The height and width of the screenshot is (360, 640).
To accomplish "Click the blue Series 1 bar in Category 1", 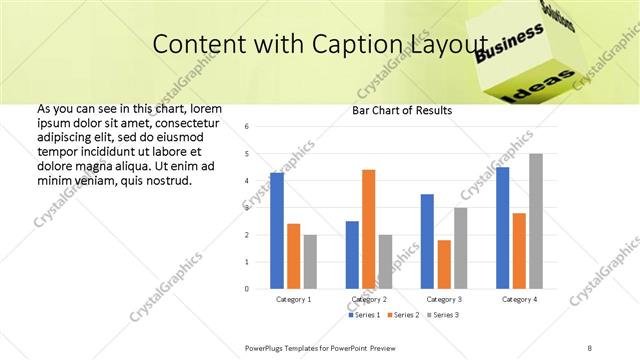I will (x=277, y=231).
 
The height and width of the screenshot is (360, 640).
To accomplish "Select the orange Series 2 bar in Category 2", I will (x=368, y=229).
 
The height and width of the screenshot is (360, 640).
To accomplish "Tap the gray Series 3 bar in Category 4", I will (x=536, y=221).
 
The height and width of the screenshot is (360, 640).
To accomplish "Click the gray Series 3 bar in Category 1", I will (x=310, y=262).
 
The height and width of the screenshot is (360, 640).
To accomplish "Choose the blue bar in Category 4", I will (x=502, y=228).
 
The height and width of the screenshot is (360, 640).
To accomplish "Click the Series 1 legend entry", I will (x=364, y=315).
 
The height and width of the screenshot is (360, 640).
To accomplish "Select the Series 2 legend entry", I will (x=399, y=315).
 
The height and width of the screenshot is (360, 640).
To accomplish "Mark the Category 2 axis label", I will (x=369, y=299).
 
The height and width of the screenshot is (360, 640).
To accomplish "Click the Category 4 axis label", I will (x=519, y=299).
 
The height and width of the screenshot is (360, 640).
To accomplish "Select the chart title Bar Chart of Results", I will (x=402, y=110).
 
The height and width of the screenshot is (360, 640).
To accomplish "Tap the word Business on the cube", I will (x=509, y=46).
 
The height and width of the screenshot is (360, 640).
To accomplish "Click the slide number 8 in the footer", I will (x=590, y=346).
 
